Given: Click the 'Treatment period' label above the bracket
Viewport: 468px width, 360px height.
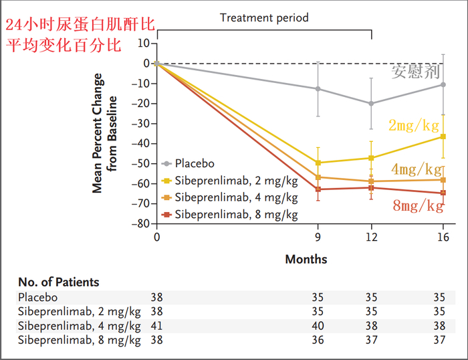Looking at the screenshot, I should coord(265,18).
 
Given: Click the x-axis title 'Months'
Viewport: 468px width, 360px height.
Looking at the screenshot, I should coord(306,258).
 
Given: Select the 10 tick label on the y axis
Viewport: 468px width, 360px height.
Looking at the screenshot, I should coord(142,43).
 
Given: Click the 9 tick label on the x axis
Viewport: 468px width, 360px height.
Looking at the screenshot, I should coord(318,237).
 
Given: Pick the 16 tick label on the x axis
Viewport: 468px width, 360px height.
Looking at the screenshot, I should coord(441,237).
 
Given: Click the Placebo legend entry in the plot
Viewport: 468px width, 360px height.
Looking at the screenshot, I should coord(195,163).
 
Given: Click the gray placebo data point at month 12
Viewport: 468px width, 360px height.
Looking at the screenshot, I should coord(371,103).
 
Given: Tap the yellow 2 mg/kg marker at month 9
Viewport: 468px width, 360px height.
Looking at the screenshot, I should coord(318,163).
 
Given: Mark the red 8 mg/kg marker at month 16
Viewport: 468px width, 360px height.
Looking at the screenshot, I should coord(442,193).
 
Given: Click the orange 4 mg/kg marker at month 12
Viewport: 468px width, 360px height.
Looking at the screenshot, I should coord(371,181).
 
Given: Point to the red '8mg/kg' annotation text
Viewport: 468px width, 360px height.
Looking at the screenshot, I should coord(418,205).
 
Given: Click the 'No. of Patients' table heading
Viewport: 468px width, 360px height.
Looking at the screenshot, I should coord(59,282).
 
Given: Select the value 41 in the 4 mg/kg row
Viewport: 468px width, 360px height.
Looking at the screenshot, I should coord(157,326).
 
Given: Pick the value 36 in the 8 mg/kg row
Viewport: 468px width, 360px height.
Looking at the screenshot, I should coord(318,340).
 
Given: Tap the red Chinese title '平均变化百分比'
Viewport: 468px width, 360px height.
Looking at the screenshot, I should coord(63,47).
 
